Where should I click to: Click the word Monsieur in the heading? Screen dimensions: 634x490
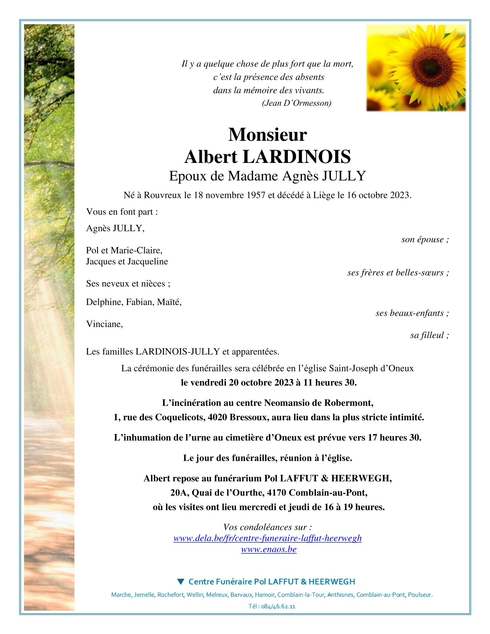pyautogui.click(x=267, y=135)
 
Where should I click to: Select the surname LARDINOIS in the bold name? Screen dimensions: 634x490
pyautogui.click(x=297, y=157)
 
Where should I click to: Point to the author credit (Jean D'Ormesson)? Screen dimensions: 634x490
pyautogui.click(x=297, y=103)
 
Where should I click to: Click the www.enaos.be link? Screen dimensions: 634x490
pyautogui.click(x=269, y=549)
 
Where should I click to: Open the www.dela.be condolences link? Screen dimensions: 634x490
pyautogui.click(x=267, y=538)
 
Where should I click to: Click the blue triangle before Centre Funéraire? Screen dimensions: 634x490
pyautogui.click(x=181, y=581)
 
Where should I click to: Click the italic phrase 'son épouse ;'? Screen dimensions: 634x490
pyautogui.click(x=425, y=239)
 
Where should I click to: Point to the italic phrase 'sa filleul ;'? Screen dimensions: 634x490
pyautogui.click(x=429, y=335)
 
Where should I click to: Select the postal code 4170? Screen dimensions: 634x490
pyautogui.click(x=277, y=493)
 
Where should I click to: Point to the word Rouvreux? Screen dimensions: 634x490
pyautogui.click(x=162, y=195)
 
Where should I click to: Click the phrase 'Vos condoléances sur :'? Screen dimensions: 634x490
pyautogui.click(x=267, y=527)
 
